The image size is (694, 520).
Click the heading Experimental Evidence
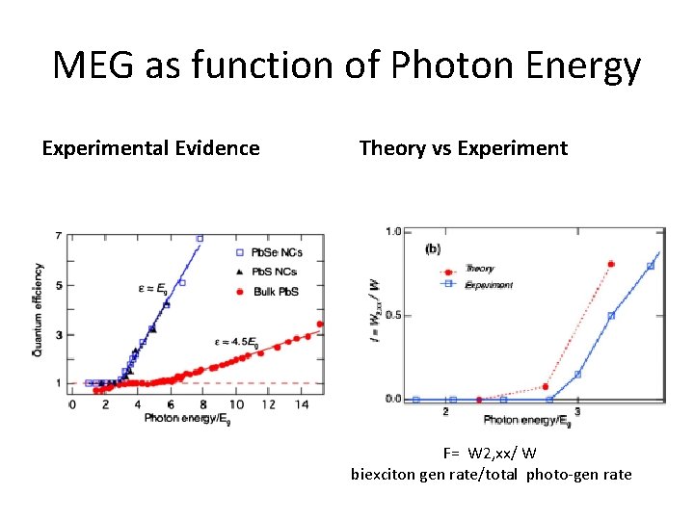tap(150, 148)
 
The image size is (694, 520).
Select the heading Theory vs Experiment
tap(463, 148)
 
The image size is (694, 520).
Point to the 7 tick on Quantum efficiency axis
tap(59, 236)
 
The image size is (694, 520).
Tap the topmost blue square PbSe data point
tap(200, 238)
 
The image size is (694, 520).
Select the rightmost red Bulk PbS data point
tap(320, 325)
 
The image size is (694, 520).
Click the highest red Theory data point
tap(611, 264)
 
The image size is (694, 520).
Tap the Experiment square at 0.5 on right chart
tap(611, 316)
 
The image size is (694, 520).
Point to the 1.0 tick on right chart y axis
tap(393, 232)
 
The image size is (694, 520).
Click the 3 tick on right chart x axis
tap(590, 412)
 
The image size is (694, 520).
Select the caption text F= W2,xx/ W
tap(490, 453)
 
